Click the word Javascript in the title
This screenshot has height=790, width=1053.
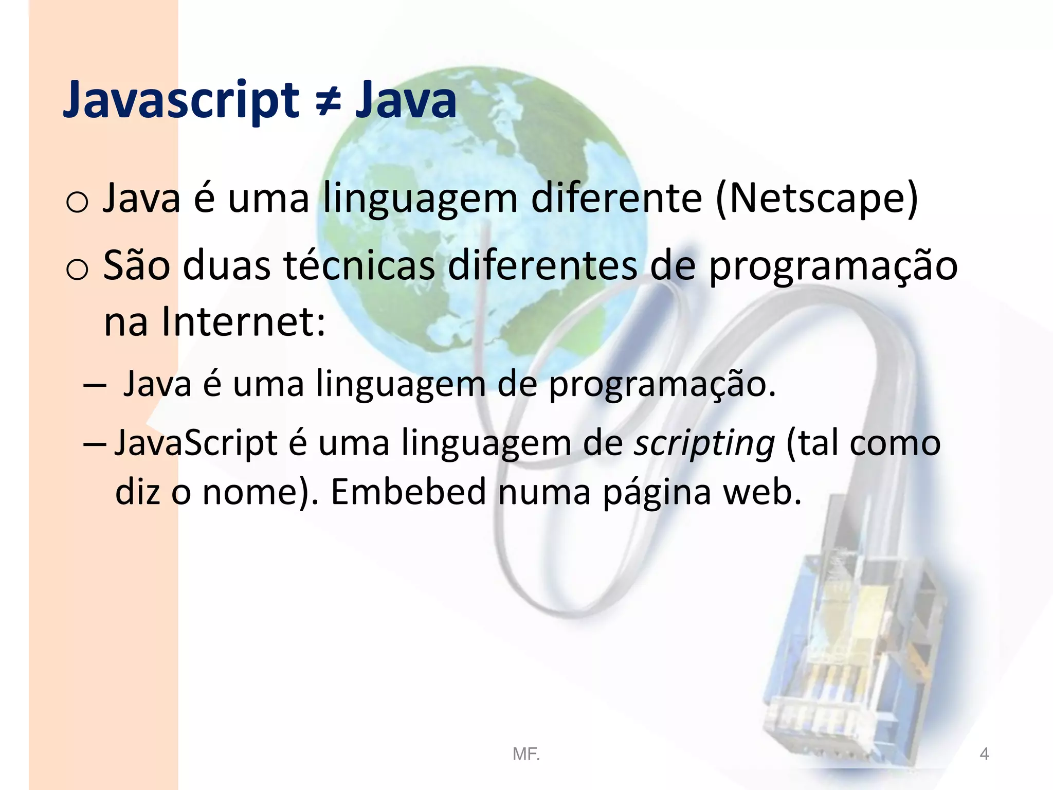click(x=180, y=100)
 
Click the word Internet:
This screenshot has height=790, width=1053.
click(x=244, y=322)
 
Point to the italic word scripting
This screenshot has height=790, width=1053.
click(x=704, y=443)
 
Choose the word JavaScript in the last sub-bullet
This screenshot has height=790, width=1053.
click(x=195, y=443)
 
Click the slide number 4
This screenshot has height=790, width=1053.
click(x=984, y=754)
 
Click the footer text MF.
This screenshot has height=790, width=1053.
click(x=526, y=754)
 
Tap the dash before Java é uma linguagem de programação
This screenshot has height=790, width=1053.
click(x=95, y=385)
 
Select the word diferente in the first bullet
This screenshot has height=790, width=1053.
click(x=616, y=199)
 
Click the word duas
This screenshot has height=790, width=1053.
click(x=227, y=265)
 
